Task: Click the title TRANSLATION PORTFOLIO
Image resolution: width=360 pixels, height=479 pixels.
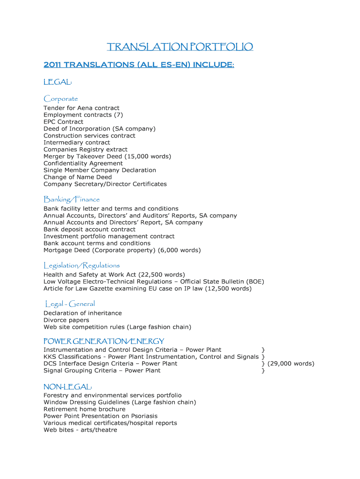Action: pos(180,47)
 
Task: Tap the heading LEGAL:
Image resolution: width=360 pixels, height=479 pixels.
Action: pos(58,82)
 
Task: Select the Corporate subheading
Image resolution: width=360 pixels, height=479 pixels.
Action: pos(61,99)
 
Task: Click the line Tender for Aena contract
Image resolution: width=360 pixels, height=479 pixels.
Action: pos(81,108)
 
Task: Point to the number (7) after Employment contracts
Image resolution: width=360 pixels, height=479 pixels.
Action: pos(118,115)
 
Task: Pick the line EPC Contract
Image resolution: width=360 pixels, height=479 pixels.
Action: pos(63,122)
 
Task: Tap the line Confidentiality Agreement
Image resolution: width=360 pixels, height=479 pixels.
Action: pos(83,163)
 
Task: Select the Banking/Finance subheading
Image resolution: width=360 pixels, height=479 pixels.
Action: pos(72,199)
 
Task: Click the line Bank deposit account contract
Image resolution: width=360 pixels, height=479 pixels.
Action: pos(89,229)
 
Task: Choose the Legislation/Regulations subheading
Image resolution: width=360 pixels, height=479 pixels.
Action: pos(82,265)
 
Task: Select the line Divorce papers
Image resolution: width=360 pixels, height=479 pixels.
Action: pos(66,320)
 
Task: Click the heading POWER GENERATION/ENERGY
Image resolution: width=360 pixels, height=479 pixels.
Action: pos(104,341)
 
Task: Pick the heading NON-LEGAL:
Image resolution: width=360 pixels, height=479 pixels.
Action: pos(68,387)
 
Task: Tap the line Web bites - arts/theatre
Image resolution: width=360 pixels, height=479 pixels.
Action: pos(80,430)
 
